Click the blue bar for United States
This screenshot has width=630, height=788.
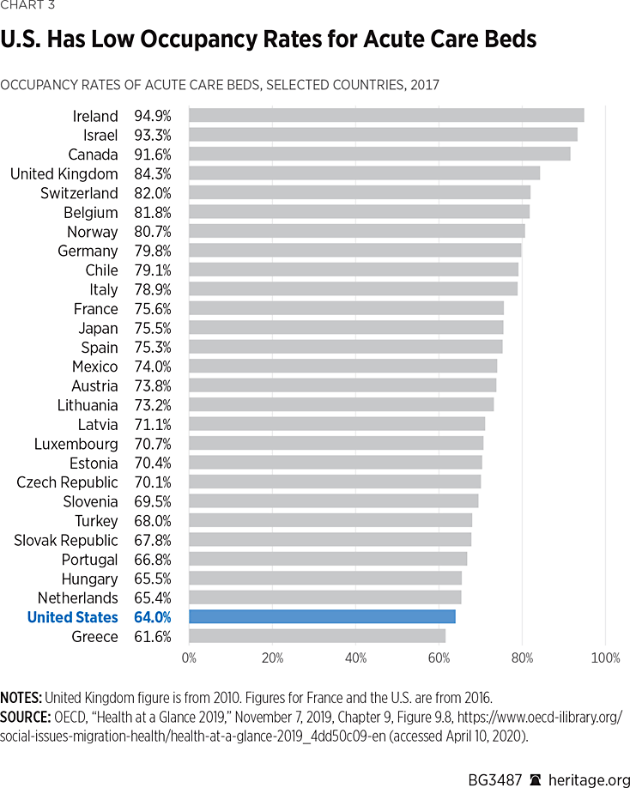322,616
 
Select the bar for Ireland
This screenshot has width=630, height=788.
386,115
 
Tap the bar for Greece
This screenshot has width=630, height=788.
317,636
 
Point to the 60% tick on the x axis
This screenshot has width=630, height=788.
439,658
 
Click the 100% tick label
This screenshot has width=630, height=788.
606,658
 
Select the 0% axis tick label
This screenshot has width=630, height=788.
189,658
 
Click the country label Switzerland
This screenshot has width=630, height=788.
79,192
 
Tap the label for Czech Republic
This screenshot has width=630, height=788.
67,482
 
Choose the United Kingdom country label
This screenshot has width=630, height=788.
64,173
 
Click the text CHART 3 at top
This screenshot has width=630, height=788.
29,8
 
